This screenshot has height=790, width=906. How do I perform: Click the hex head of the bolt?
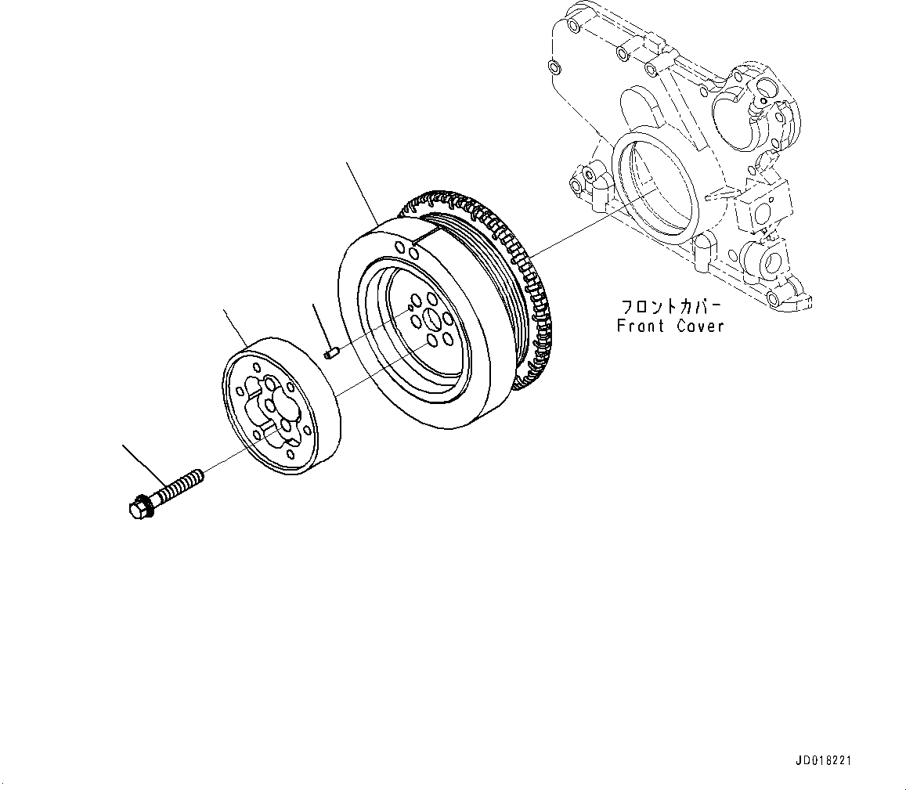(139, 507)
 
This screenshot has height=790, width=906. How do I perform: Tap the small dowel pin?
(330, 354)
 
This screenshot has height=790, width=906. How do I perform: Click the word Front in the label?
(639, 326)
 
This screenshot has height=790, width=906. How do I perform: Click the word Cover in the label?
(699, 326)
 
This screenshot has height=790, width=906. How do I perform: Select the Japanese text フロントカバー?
(670, 305)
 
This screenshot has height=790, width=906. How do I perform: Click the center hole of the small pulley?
(269, 405)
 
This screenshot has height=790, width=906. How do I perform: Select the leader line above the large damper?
(363, 193)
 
